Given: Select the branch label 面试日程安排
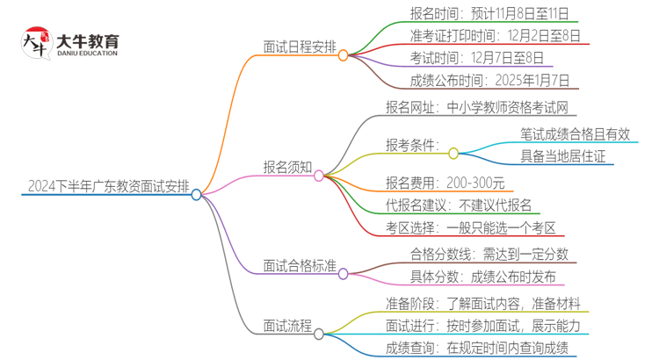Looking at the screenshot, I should coord(298,46).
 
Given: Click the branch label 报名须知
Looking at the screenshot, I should coord(287,165).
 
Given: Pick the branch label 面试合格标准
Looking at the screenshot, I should coord(298,265).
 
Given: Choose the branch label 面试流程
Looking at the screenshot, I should coord(287,326).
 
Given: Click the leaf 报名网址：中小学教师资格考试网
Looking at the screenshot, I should coord(476,109).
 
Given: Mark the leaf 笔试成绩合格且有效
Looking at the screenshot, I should coord(575,134).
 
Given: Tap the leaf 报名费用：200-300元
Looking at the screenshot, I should coord(445,183).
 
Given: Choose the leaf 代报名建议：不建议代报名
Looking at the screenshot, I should coord(459,205).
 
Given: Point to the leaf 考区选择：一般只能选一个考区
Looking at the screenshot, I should coord(470,228).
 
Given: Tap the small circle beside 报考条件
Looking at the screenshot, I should coord(453,153).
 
